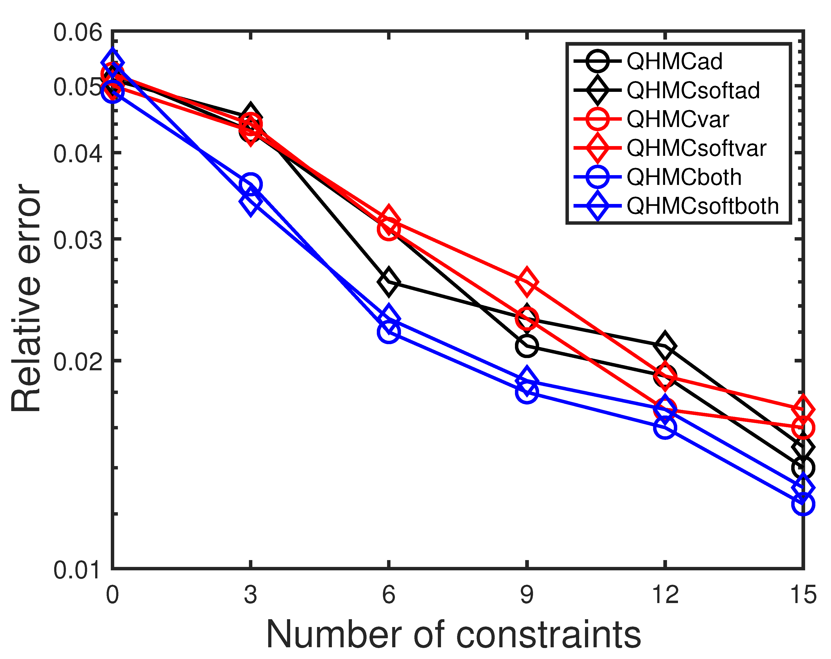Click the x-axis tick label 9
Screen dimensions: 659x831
tap(527, 595)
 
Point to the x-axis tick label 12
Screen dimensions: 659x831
tap(665, 595)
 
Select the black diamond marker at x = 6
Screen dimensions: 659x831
tap(389, 281)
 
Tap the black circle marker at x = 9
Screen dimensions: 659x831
tap(526, 345)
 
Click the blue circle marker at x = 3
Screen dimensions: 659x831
tap(251, 184)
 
